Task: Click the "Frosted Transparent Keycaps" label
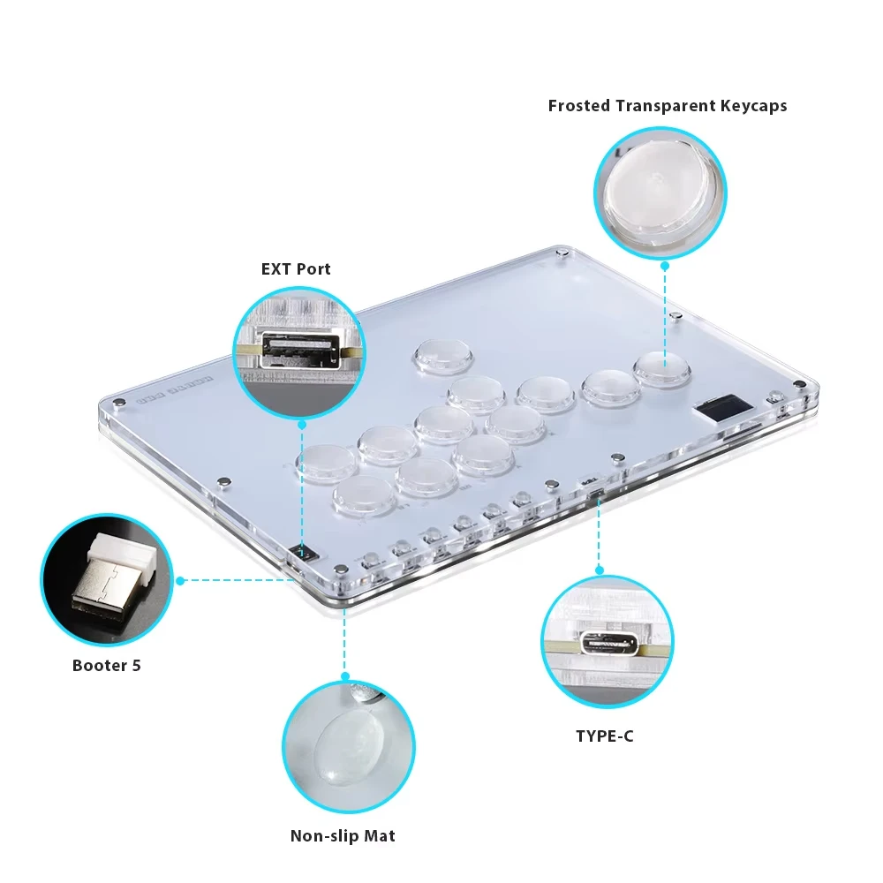pyautogui.click(x=667, y=106)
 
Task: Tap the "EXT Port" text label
pyautogui.click(x=296, y=268)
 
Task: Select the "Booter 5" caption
pyautogui.click(x=106, y=665)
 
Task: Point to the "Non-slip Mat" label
pyautogui.click(x=343, y=835)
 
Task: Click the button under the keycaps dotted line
pyautogui.click(x=661, y=366)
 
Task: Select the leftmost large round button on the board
pyautogui.click(x=326, y=463)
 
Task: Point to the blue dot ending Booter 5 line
pyautogui.click(x=180, y=580)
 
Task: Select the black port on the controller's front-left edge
pyautogui.click(x=305, y=554)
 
